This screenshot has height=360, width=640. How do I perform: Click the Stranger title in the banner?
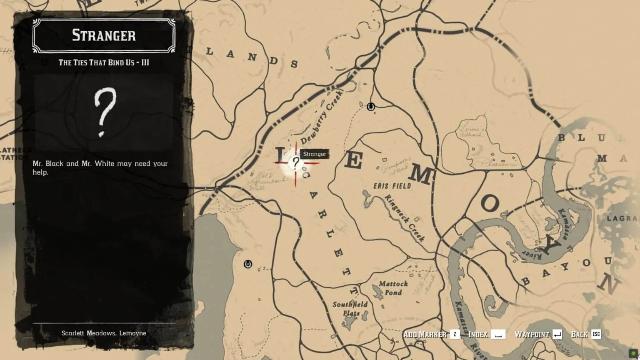tap(104, 35)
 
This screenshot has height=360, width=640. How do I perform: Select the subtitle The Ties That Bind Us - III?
tap(104, 62)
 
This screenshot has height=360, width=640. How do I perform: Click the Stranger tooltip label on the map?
tap(315, 154)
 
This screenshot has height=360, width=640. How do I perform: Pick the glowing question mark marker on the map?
tap(295, 163)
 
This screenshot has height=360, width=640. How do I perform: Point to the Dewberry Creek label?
tap(321, 118)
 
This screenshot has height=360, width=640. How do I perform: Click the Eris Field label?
tap(392, 186)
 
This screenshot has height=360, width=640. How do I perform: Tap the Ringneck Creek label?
tap(404, 218)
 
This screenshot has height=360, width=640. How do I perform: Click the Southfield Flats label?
tap(350, 308)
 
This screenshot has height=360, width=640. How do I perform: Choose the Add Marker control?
tap(425, 334)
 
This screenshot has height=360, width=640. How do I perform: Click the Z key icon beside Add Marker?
tap(455, 334)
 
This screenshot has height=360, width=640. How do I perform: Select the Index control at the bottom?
tap(478, 334)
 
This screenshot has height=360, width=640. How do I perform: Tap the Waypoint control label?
tap(532, 334)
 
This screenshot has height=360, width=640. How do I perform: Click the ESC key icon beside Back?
tap(596, 334)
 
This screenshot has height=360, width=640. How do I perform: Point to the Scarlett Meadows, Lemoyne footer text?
tap(104, 333)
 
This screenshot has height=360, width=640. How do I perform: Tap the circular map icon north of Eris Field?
tap(370, 107)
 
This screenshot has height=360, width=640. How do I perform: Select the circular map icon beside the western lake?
tap(248, 264)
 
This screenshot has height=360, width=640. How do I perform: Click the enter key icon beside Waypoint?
tap(557, 334)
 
